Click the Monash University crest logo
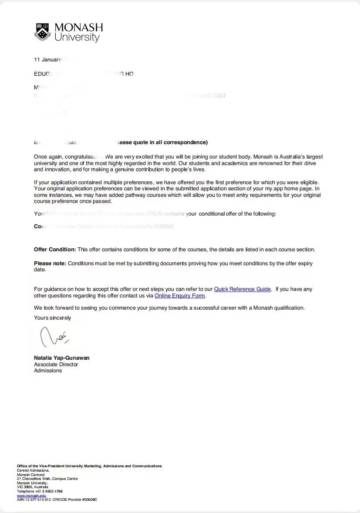43,32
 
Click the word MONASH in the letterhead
79,27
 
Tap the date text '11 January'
47,60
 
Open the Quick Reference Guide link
242,289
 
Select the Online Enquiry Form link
179,296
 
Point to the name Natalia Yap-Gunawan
62,358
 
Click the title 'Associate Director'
56,364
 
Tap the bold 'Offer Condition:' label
55,250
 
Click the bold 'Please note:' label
50,263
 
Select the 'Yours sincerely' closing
52,318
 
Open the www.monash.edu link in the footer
31,496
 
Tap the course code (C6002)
164,226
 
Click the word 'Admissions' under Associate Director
48,371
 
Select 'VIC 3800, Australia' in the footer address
33,487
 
